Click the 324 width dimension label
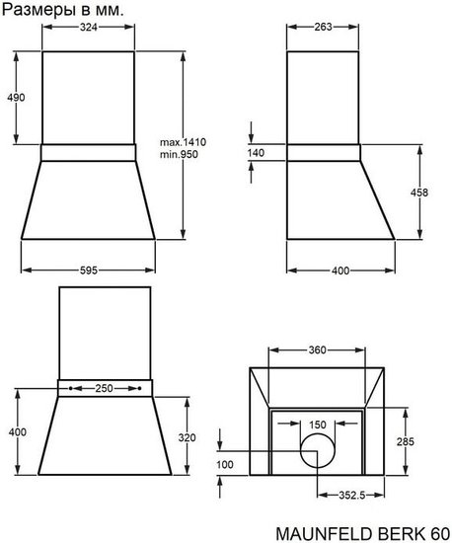point(89,27)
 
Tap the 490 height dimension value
point(16,98)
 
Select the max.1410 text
point(183,142)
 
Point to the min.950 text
point(179,154)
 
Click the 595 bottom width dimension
point(89,271)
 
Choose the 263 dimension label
point(323,27)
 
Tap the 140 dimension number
point(256,153)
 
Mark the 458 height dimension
point(419,193)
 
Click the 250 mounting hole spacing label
point(105,388)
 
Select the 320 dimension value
point(188,437)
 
